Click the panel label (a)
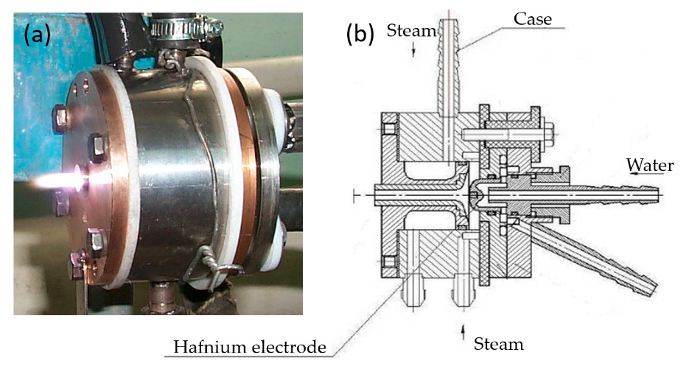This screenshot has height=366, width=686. pyautogui.click(x=36, y=35)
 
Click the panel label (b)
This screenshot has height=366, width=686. pyautogui.click(x=360, y=35)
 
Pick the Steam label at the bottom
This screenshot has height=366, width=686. pyautogui.click(x=499, y=344)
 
